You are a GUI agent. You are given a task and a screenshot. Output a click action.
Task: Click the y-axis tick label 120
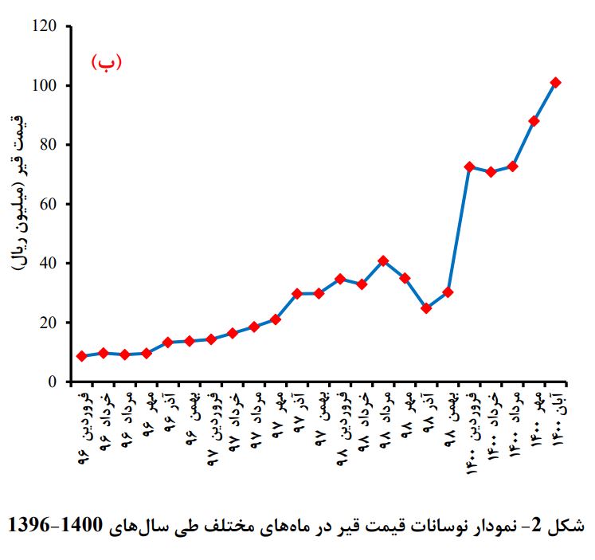45,25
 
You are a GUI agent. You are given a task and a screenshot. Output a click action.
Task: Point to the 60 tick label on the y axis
49,204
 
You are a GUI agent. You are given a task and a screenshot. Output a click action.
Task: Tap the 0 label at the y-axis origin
53,382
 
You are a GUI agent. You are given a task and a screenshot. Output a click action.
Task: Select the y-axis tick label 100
45,85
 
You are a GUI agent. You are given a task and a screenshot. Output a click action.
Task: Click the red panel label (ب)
106,62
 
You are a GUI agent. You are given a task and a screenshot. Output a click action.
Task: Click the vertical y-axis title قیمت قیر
18,194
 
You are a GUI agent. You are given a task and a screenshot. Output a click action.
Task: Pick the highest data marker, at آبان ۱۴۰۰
555,82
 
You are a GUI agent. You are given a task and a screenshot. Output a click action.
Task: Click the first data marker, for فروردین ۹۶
81,356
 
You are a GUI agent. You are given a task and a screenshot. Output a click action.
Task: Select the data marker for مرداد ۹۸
383,260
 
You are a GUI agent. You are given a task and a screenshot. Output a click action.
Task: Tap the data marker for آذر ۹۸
426,308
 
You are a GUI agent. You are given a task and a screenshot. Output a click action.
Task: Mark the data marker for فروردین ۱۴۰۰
469,167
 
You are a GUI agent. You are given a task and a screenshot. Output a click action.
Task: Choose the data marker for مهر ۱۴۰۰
534,121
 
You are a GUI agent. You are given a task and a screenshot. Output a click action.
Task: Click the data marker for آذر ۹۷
297,293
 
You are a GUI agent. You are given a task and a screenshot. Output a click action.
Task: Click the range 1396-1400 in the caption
56,526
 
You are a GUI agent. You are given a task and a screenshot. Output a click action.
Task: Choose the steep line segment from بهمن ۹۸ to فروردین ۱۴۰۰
459,229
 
